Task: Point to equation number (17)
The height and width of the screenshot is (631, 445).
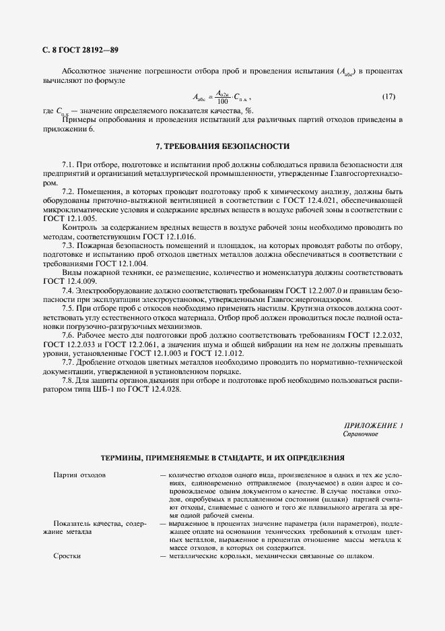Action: [388, 97]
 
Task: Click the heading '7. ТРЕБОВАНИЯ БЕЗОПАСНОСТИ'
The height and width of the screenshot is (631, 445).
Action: [222, 146]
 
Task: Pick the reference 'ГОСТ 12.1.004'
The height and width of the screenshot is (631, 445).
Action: [102, 264]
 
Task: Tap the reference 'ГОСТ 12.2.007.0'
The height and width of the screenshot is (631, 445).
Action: [323, 289]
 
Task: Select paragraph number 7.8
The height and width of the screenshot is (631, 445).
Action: [68, 380]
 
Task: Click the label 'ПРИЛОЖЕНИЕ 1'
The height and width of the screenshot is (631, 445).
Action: [373, 425]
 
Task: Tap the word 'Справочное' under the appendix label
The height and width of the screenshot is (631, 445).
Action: [360, 434]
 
